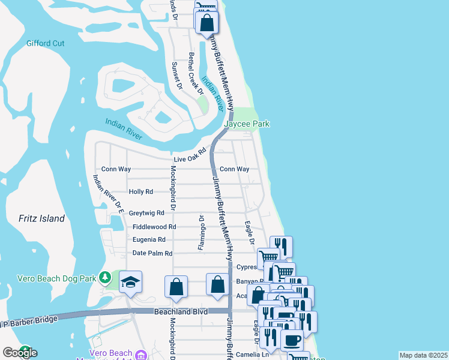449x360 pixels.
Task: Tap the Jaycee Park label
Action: (247, 124)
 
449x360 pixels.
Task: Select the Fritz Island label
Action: (41, 218)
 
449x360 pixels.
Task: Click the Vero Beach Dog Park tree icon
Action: (106, 277)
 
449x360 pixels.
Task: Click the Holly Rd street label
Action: (141, 192)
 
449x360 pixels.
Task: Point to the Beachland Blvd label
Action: (176, 311)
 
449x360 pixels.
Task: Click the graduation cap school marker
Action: (130, 282)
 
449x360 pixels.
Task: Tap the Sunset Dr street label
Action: (176, 76)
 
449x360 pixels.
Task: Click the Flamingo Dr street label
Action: (202, 232)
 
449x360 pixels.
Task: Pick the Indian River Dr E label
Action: (109, 194)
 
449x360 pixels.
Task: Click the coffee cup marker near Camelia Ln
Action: (292, 340)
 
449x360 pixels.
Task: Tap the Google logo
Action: (20, 353)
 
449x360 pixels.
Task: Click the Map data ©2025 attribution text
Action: (423, 355)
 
